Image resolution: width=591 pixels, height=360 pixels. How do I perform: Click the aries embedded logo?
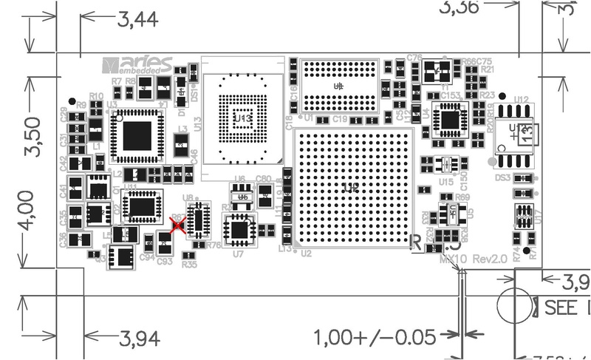[137, 64]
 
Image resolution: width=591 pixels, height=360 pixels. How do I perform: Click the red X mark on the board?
[177, 226]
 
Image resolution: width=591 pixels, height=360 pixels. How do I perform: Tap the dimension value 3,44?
[138, 20]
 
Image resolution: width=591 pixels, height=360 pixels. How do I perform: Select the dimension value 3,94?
[140, 339]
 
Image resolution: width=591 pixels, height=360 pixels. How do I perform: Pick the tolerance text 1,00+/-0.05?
[375, 338]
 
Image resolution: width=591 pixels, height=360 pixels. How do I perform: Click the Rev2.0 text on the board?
[491, 259]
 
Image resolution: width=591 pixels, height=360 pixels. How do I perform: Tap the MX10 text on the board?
[453, 259]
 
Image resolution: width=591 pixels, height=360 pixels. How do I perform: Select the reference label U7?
[238, 254]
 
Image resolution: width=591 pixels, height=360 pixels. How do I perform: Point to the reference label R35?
[189, 264]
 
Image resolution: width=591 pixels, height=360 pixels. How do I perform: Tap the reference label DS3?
[503, 177]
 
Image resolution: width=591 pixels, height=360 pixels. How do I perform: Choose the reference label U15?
[445, 182]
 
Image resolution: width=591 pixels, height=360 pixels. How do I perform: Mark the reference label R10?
[96, 96]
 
